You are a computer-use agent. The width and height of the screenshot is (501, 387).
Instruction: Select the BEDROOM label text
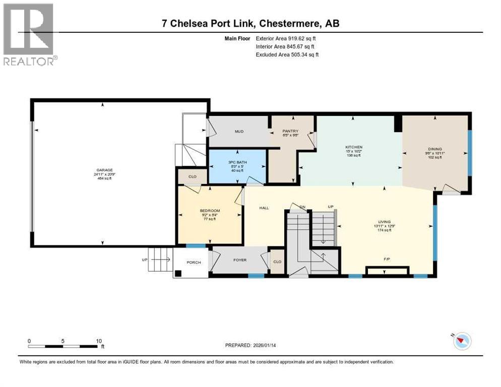click(x=210, y=211)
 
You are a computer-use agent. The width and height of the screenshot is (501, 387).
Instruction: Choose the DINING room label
click(x=434, y=149)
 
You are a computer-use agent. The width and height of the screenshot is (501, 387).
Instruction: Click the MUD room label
click(x=239, y=132)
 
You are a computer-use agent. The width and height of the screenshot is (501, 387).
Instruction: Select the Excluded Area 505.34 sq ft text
click(x=287, y=54)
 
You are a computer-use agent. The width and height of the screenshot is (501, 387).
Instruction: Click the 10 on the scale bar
click(x=98, y=341)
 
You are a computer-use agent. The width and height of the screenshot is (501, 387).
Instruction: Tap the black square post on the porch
click(x=178, y=274)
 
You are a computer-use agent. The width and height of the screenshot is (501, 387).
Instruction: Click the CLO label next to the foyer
click(x=277, y=262)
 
